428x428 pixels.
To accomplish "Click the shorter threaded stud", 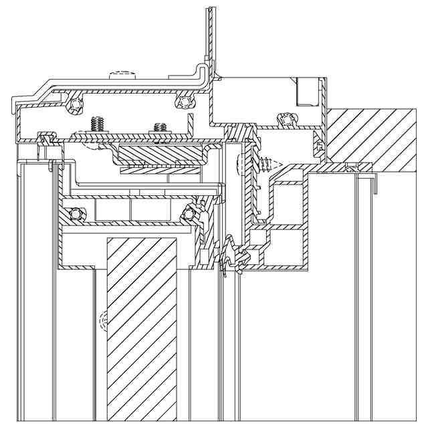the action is (160, 126).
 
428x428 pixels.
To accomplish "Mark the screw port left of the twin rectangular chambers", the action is (76, 214).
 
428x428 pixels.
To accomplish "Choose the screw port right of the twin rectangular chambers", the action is (189, 213).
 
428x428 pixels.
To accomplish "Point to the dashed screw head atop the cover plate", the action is (122, 72).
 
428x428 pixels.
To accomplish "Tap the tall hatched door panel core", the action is (142, 328).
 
